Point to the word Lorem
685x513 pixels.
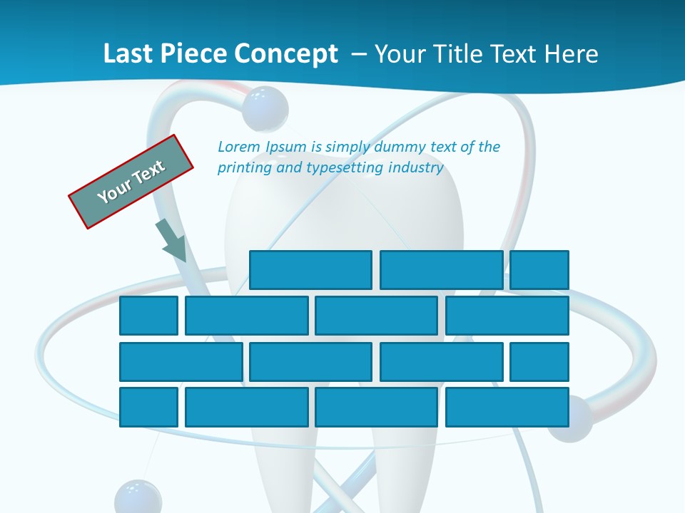[x=239, y=147]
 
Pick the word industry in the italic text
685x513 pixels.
[x=416, y=168]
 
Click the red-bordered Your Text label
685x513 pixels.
[x=131, y=181]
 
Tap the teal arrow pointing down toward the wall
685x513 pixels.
[x=171, y=240]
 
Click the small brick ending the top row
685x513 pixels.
[x=539, y=270]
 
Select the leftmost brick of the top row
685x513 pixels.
[x=310, y=270]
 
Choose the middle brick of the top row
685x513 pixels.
[x=441, y=270]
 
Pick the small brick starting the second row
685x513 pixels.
[x=148, y=316]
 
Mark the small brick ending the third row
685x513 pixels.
[x=539, y=362]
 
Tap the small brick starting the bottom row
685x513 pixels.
[x=148, y=408]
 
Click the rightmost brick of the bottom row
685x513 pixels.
[x=507, y=408]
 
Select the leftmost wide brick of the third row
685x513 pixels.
[x=181, y=362]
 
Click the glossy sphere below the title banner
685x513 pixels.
[x=265, y=108]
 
